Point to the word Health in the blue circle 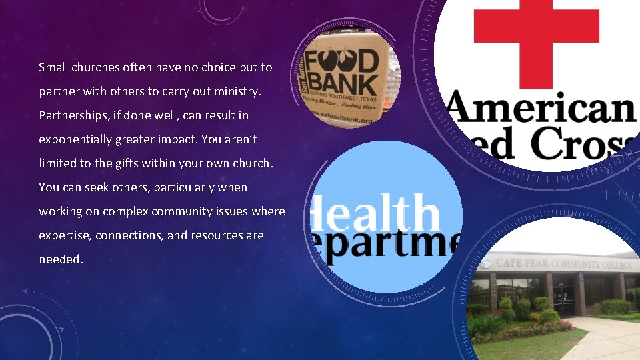point(377,213)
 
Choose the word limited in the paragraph point(57,163)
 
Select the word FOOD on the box point(347,59)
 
